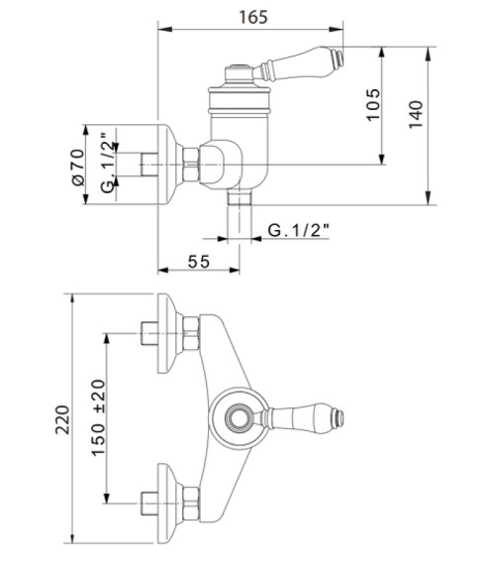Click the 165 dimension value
253,17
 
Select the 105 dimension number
373,104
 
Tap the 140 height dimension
416,114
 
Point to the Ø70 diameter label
78,167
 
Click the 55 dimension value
199,262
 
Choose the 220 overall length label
62,420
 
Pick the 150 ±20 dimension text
98,417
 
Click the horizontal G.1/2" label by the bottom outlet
298,230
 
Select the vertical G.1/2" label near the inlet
108,163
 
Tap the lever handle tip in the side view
340,57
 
